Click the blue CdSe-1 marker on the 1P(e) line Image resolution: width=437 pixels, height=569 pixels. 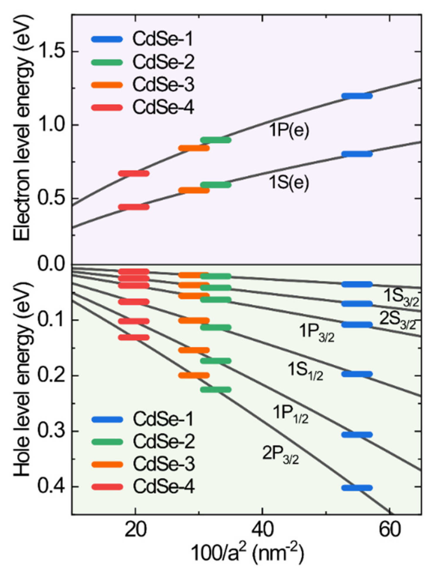click(357, 96)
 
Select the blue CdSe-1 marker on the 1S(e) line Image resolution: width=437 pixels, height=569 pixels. click(357, 154)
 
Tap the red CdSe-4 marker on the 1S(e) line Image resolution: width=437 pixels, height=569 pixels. click(134, 207)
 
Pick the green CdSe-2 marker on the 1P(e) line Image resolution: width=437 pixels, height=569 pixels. click(216, 140)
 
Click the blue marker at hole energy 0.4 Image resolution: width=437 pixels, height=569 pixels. click(357, 488)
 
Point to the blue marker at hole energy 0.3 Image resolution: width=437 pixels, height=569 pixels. click(357, 435)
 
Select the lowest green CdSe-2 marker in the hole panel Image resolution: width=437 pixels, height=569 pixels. click(216, 390)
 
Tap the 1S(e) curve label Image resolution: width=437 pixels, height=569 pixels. click(289, 183)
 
